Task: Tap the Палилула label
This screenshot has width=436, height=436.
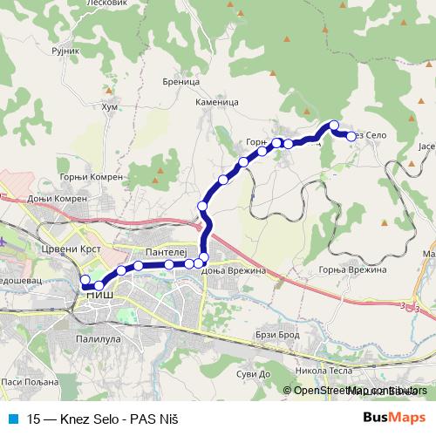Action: [98, 337]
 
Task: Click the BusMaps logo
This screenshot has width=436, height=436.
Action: [397, 418]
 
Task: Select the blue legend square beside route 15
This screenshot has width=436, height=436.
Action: [11, 418]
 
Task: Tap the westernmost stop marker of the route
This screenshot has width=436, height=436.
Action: [85, 280]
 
